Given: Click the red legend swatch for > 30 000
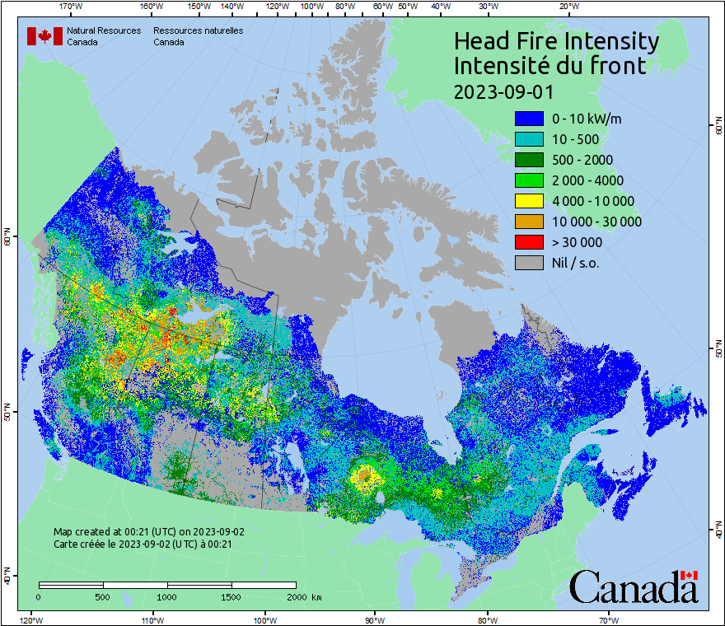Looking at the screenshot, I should pyautogui.click(x=529, y=242).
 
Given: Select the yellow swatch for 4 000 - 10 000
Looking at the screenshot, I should pyautogui.click(x=529, y=201).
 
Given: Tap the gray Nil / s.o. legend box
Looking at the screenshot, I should pyautogui.click(x=529, y=263).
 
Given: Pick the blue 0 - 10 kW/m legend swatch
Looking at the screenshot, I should pyautogui.click(x=529, y=119).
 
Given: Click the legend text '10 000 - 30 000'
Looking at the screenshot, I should pyautogui.click(x=596, y=222).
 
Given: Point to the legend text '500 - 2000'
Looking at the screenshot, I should pyautogui.click(x=582, y=160).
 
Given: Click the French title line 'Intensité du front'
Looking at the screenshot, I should pyautogui.click(x=550, y=66).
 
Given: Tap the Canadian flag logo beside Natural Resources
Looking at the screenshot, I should pyautogui.click(x=44, y=36).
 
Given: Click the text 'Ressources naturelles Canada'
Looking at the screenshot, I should pyautogui.click(x=198, y=36).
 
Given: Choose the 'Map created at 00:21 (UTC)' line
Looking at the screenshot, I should pyautogui.click(x=148, y=531).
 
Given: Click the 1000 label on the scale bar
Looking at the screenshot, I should pyautogui.click(x=167, y=596).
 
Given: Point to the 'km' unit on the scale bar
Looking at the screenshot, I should pyautogui.click(x=317, y=596).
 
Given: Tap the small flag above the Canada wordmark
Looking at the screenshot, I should pyautogui.click(x=690, y=575).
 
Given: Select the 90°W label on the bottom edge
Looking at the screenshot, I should pyautogui.click(x=375, y=619).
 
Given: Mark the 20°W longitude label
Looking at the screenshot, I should pyautogui.click(x=568, y=7).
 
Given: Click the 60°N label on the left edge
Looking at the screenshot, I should pyautogui.click(x=7, y=239).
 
